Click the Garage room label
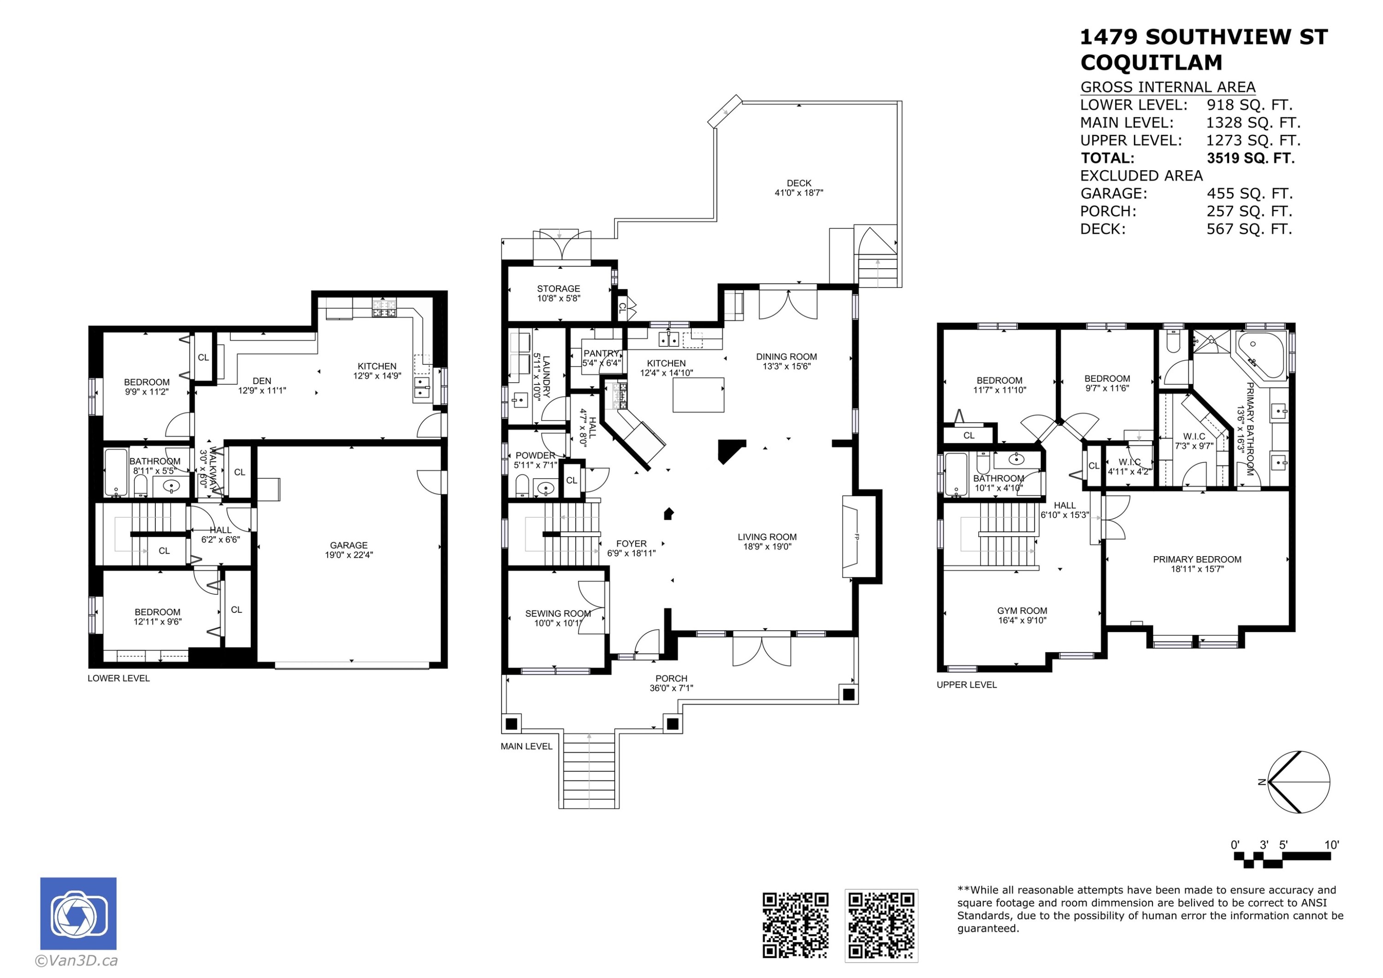pos(349,550)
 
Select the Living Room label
pos(767,542)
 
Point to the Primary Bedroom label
pos(1197,564)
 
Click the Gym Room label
pos(1022,615)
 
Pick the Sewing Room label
pos(558,618)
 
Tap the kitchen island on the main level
pos(698,394)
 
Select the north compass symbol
pos(1299,782)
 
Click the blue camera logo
pos(78,913)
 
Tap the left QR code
pos(795,925)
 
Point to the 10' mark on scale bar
pos(1331,845)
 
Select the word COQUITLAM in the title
pos(1151,63)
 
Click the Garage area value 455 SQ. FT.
pos(1249,193)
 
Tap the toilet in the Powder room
pos(522,485)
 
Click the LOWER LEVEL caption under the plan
pos(118,678)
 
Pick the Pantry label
pos(601,358)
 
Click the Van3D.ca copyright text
pos(76,960)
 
